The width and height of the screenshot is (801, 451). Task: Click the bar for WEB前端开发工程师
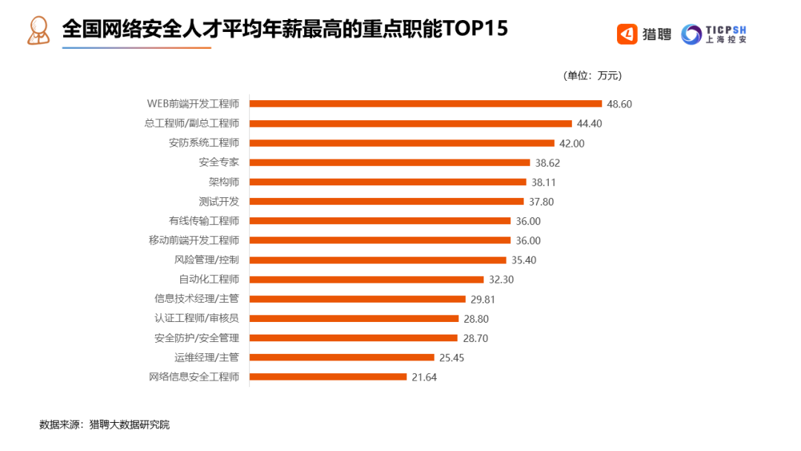click(x=426, y=104)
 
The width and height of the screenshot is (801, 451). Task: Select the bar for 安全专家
click(x=390, y=162)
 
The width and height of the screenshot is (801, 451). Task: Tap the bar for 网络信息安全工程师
click(x=329, y=377)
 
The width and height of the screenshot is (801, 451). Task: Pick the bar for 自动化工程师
click(x=366, y=280)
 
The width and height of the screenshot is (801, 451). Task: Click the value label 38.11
click(x=544, y=182)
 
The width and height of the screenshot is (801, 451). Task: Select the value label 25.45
click(x=452, y=358)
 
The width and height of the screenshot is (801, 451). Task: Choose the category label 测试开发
click(x=219, y=201)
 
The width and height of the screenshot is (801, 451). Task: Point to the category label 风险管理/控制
click(x=206, y=260)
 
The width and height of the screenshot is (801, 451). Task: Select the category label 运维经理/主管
click(x=206, y=358)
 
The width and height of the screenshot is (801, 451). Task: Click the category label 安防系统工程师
click(x=204, y=142)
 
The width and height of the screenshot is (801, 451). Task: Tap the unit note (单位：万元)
click(x=593, y=76)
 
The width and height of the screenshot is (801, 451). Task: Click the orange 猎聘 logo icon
click(x=627, y=33)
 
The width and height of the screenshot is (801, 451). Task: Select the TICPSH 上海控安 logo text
click(x=727, y=33)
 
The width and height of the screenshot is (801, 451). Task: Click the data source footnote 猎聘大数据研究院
click(x=129, y=425)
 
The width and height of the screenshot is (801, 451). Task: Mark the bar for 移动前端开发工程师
click(x=380, y=240)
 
